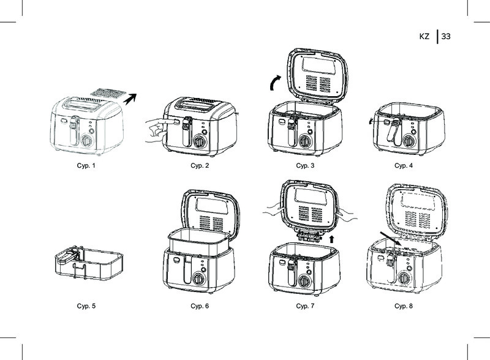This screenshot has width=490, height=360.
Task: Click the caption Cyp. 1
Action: tap(86, 166)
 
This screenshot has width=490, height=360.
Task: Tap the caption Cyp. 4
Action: tap(404, 166)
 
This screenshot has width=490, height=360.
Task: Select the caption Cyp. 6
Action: tap(200, 306)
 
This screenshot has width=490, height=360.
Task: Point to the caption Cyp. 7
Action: tap(305, 306)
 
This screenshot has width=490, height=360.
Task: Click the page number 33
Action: tap(446, 37)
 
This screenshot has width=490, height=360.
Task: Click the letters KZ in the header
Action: tap(424, 37)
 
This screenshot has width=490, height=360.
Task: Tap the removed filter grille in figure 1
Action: tap(108, 93)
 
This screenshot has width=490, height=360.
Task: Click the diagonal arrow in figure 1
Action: tap(130, 99)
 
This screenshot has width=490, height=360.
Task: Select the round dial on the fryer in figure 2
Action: tap(199, 142)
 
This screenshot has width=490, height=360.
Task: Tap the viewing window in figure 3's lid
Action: tap(318, 65)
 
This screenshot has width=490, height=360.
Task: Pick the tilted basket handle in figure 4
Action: tap(393, 132)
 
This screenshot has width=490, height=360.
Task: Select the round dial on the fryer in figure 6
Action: tap(198, 279)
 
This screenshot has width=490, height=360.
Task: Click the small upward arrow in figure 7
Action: tap(331, 239)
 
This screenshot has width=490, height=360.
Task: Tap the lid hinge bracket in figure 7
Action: tap(309, 235)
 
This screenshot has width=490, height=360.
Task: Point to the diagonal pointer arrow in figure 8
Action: tap(391, 238)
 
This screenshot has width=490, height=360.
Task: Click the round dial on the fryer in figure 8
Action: tap(404, 278)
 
